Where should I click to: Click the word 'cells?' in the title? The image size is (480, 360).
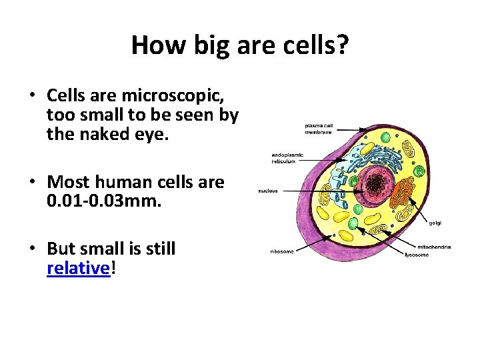click(x=315, y=45)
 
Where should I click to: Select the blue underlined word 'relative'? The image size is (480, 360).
click(x=77, y=269)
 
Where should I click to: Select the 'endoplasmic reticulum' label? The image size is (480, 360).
click(x=287, y=158)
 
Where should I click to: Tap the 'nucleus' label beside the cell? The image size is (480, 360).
click(x=269, y=191)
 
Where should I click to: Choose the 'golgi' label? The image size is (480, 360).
click(x=435, y=222)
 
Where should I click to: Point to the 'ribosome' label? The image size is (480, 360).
click(x=281, y=251)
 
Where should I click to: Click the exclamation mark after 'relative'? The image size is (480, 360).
click(x=112, y=269)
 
